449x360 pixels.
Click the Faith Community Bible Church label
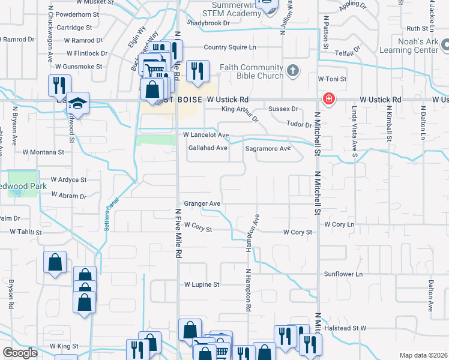click(x=251, y=72)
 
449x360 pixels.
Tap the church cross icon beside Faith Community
click(x=292, y=71)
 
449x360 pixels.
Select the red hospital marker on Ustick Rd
click(x=329, y=99)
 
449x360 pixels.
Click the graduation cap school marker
click(x=77, y=104)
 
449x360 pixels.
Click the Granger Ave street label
click(x=202, y=204)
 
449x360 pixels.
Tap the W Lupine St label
click(x=202, y=284)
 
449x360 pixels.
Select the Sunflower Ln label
click(x=343, y=274)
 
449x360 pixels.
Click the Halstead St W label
click(x=345, y=328)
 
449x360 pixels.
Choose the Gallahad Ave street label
click(x=208, y=148)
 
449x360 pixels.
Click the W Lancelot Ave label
click(x=206, y=136)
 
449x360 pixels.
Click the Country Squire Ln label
click(x=230, y=47)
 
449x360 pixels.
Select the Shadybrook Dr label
click(x=208, y=23)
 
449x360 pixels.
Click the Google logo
click(x=20, y=353)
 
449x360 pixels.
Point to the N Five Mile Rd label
click(x=178, y=233)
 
